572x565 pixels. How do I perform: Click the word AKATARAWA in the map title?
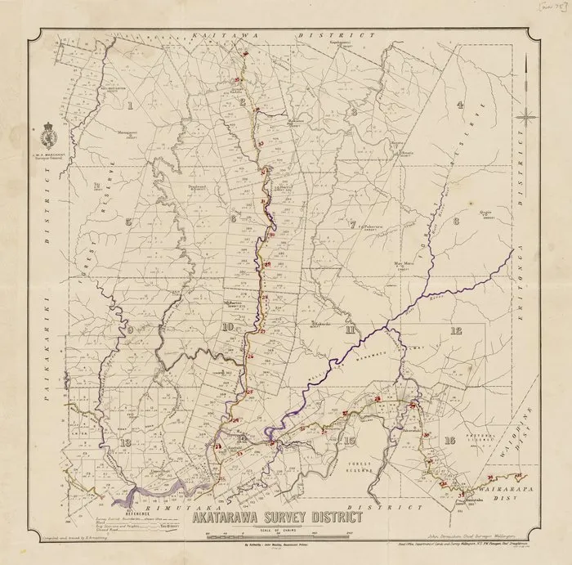[x=236, y=516]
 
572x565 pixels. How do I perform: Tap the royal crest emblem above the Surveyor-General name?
[x=47, y=132]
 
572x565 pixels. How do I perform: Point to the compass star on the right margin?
[x=527, y=117]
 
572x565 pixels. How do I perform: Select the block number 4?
[x=460, y=105]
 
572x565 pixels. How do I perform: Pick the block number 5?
[x=127, y=221]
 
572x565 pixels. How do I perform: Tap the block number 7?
[x=352, y=223]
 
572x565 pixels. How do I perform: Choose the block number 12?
[x=455, y=330]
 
